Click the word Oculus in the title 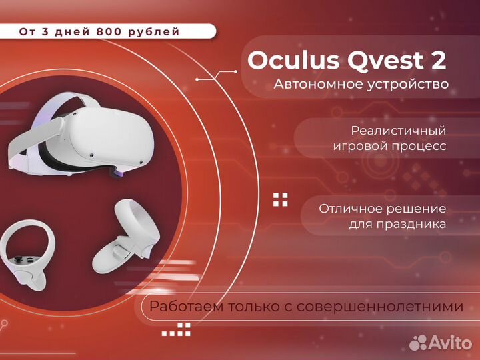coord(283,61)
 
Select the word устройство coord(407,85)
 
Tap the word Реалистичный coord(399,131)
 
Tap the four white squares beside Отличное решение coord(281,199)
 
